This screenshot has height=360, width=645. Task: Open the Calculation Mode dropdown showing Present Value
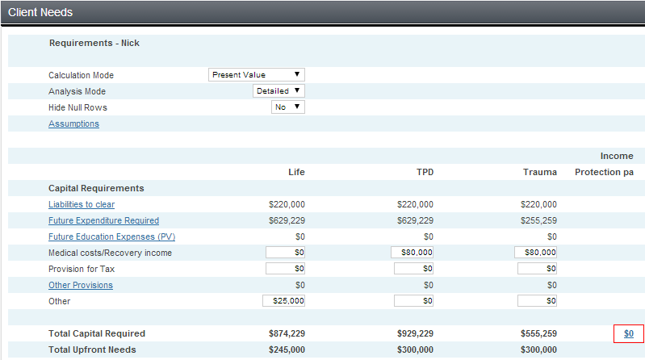(x=256, y=75)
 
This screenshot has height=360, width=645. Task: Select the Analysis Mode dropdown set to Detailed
(x=279, y=91)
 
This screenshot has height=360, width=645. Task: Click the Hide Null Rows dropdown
(x=288, y=107)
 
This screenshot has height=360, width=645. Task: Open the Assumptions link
(x=73, y=123)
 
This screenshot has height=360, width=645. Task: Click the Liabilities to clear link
(x=82, y=204)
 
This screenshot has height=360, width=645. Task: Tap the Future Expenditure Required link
(x=103, y=220)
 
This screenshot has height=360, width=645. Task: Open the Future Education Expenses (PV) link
(x=111, y=237)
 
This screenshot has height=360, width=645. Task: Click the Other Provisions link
(x=81, y=285)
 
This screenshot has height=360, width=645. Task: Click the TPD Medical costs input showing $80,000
(x=413, y=253)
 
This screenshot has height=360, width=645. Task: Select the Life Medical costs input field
(x=285, y=253)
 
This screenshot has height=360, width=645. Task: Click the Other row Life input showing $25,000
(x=284, y=301)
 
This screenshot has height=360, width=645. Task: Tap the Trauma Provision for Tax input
(x=537, y=269)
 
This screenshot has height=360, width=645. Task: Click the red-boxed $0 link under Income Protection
(x=629, y=333)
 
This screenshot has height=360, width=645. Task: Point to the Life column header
(x=296, y=172)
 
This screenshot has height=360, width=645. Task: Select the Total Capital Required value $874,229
(x=287, y=333)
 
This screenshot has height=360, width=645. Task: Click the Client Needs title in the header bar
(x=40, y=13)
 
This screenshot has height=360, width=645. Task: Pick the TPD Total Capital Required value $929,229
(x=415, y=333)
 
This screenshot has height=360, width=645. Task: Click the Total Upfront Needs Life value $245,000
(x=287, y=350)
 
